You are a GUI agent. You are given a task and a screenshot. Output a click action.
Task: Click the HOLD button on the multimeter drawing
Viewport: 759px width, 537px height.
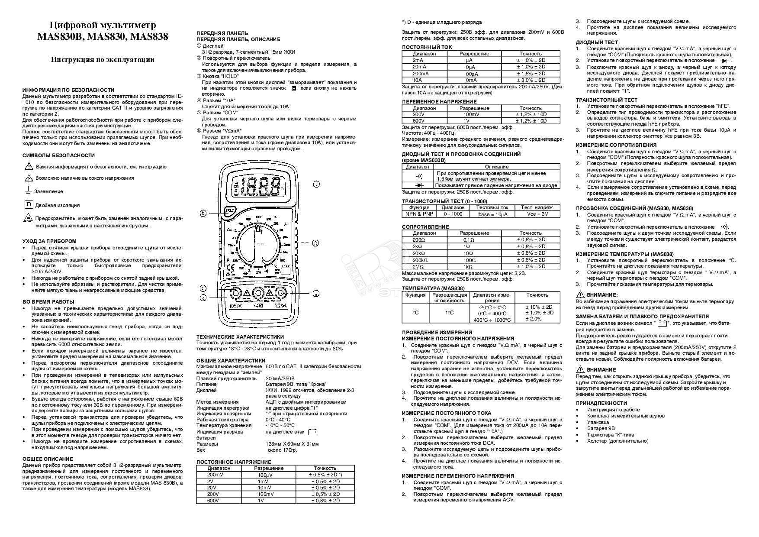[x=230, y=212]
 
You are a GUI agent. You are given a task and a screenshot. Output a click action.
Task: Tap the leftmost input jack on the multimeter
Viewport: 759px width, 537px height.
[x=235, y=294]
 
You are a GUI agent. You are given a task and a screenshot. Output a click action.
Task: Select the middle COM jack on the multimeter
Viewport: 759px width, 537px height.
[x=258, y=294]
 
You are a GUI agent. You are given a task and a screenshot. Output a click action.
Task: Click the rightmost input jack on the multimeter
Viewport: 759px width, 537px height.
[x=281, y=294]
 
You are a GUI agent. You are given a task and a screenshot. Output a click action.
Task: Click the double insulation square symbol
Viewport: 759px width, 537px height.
[x=29, y=204]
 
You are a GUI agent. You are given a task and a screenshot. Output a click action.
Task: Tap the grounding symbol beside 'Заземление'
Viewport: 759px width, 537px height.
[x=28, y=191]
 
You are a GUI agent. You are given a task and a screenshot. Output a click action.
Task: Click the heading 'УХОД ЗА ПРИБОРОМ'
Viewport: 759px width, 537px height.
[x=49, y=241]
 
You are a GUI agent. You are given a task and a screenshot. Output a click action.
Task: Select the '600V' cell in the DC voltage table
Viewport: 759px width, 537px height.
[x=213, y=501]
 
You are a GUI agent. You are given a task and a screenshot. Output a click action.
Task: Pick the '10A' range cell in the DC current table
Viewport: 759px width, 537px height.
[x=417, y=80]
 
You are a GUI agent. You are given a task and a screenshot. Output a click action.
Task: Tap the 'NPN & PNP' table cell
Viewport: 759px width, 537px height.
[x=419, y=214]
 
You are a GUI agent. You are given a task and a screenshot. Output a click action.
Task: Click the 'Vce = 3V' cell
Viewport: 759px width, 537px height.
[x=537, y=214]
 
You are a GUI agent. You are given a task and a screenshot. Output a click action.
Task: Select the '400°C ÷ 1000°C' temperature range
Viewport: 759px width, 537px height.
[x=492, y=320]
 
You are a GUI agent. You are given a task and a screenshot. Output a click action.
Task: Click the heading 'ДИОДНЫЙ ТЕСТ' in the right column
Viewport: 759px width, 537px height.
[x=597, y=42]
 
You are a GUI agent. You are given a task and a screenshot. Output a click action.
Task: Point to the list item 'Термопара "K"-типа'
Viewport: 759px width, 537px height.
[x=610, y=434]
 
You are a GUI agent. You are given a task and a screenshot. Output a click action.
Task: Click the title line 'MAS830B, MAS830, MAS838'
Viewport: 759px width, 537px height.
[x=103, y=37]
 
